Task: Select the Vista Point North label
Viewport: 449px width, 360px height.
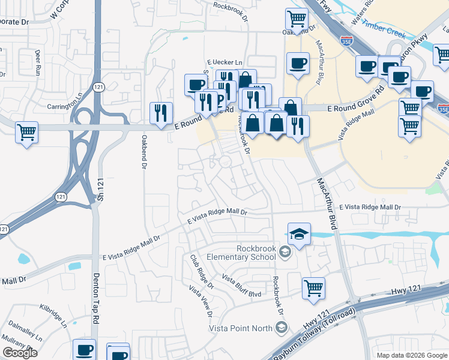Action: pyautogui.click(x=240, y=328)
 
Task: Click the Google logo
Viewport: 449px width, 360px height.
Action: pyautogui.click(x=20, y=353)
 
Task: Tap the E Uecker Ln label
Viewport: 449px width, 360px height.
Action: pyautogui.click(x=224, y=62)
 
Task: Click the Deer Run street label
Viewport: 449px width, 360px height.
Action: pyautogui.click(x=37, y=62)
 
